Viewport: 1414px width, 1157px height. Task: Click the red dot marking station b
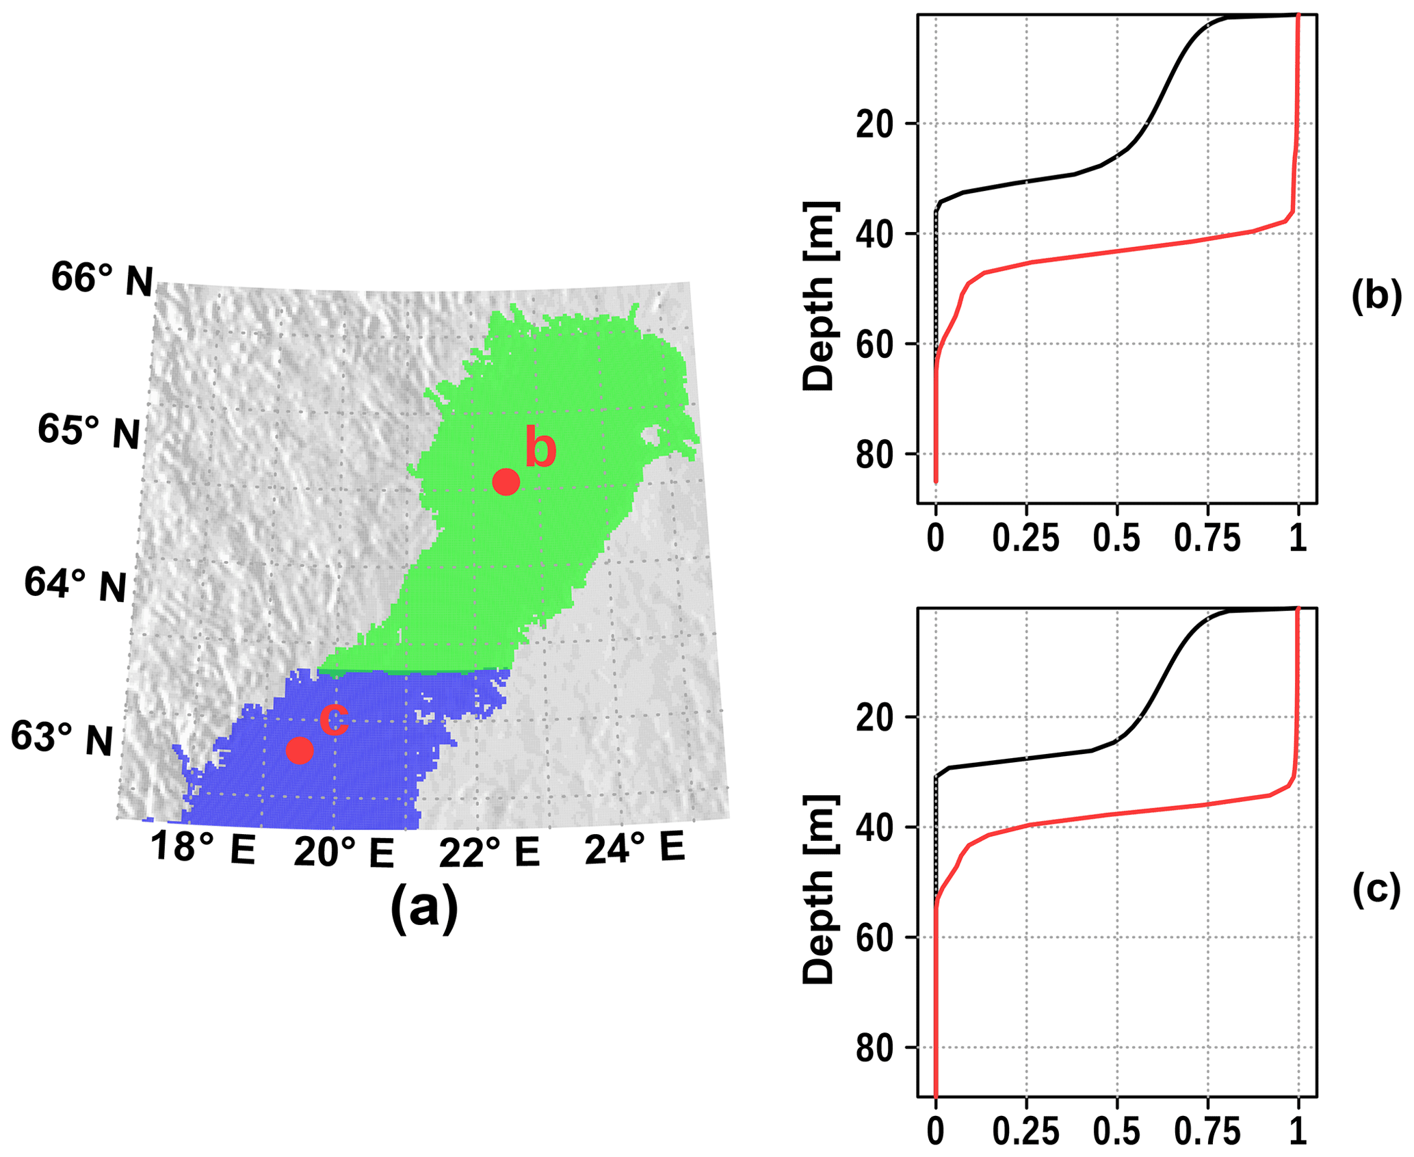coord(506,482)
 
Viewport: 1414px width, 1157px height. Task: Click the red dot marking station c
coord(300,751)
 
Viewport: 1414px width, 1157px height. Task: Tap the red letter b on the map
coord(540,448)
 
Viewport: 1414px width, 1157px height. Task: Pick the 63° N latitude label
coord(62,738)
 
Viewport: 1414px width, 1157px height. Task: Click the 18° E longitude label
coord(202,848)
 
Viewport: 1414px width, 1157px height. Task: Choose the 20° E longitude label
coord(344,853)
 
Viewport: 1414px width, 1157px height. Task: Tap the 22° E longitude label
coord(489,853)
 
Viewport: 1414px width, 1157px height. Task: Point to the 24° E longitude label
coord(634,848)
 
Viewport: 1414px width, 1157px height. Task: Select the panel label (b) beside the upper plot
coord(1376,296)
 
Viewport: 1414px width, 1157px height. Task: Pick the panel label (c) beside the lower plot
coord(1376,890)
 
